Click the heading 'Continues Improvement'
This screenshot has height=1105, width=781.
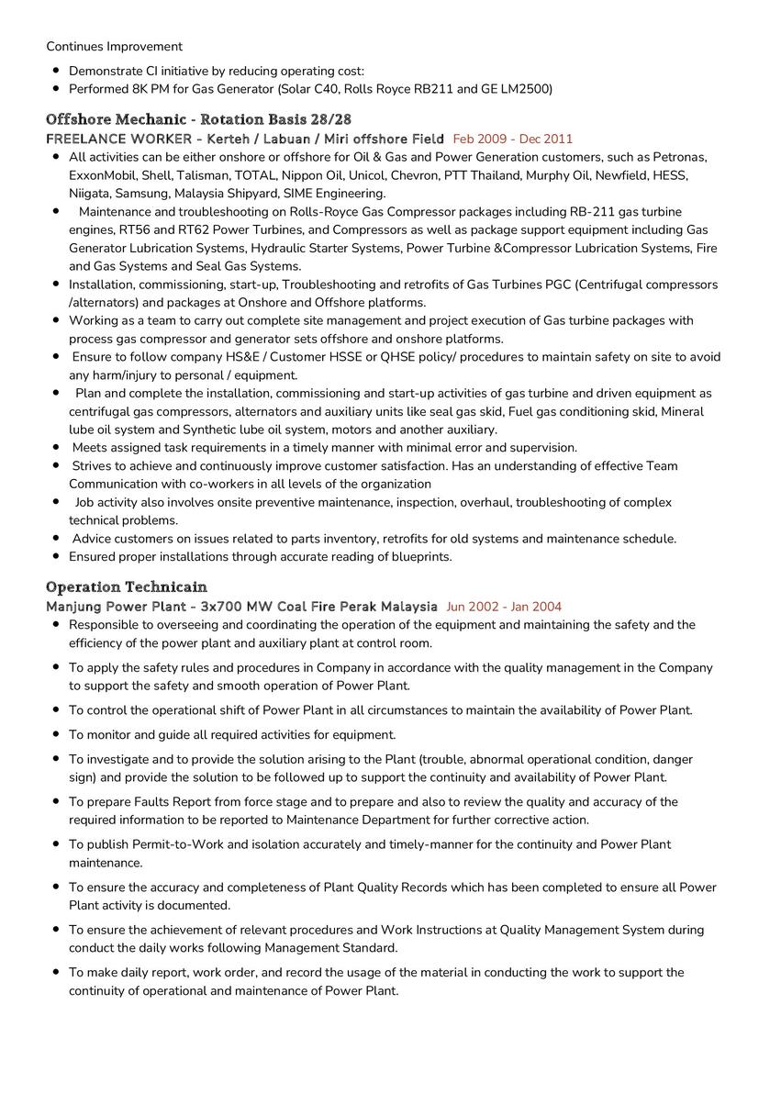[x=114, y=47]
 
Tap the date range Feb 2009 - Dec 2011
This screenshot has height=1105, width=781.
[x=512, y=140]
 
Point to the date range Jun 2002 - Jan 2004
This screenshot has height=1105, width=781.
[x=504, y=607]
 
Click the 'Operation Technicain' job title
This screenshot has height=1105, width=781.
[x=126, y=587]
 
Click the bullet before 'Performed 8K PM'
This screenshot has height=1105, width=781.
[x=56, y=89]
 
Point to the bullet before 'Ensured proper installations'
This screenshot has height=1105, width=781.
[x=56, y=557]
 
